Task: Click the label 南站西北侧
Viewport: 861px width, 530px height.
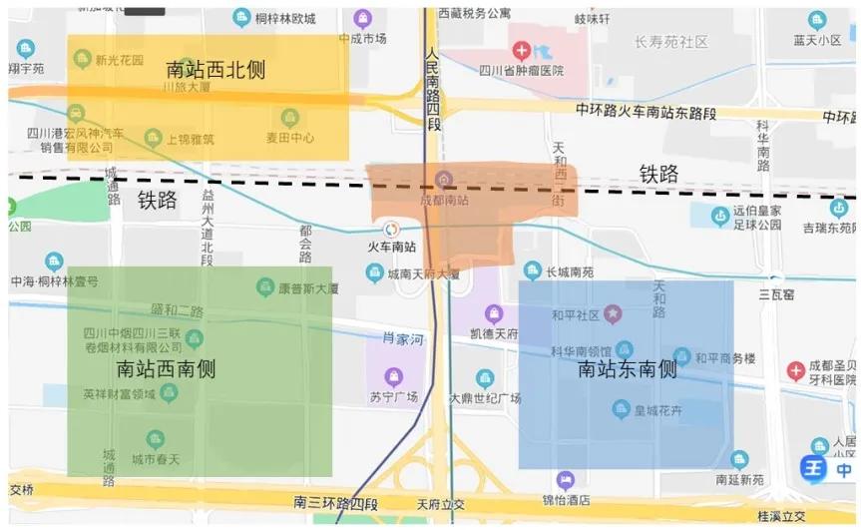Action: pos(216,70)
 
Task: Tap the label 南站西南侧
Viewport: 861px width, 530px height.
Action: pos(167,368)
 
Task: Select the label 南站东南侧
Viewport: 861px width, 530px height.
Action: pos(628,369)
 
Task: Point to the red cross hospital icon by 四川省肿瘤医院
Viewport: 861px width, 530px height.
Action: pos(521,49)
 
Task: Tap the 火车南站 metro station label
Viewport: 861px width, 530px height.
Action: pos(392,247)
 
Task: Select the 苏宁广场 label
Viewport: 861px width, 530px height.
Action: pos(392,396)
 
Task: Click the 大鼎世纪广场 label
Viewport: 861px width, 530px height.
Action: pos(486,398)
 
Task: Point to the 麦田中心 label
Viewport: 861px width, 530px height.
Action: pos(289,138)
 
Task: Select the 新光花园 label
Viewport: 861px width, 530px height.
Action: pos(120,60)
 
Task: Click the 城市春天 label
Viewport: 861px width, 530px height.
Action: pos(155,458)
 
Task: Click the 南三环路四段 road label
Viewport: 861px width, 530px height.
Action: pos(336,501)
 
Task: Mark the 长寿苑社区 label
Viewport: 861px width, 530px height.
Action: pos(670,42)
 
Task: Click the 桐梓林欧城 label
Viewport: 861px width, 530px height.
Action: pos(284,18)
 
